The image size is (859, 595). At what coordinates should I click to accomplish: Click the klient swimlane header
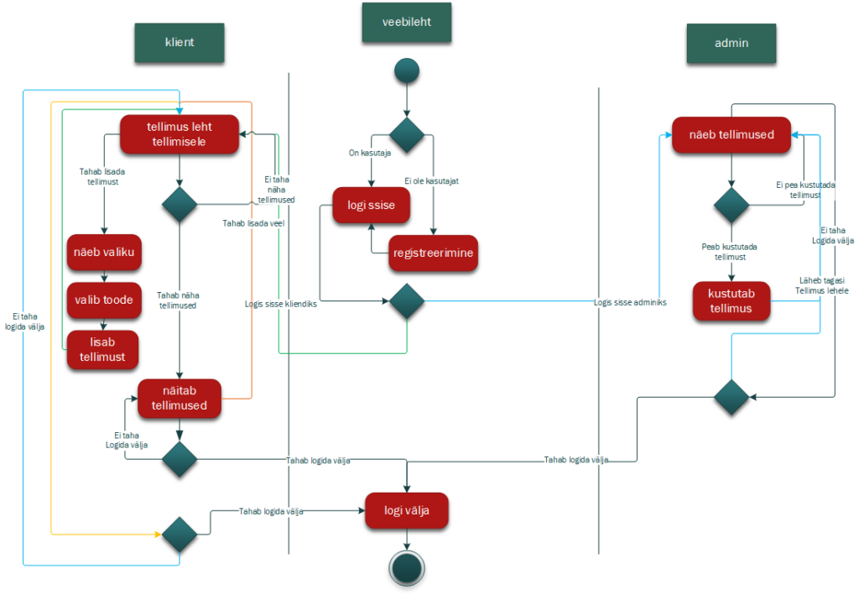point(180,42)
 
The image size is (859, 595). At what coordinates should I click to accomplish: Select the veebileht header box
point(407,22)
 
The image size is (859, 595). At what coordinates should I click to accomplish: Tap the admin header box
point(731,44)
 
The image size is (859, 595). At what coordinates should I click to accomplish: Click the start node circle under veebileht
point(407,70)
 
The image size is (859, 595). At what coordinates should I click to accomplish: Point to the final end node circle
point(407,568)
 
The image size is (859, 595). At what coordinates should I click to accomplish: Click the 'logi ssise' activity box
point(371,205)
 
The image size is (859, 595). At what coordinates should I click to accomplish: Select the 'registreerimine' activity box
point(433,253)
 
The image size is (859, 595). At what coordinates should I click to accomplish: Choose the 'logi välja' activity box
point(407,510)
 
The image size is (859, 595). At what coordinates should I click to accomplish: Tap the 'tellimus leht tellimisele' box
point(180,134)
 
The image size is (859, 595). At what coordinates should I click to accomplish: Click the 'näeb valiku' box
point(104,252)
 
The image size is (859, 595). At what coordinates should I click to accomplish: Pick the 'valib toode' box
point(104,300)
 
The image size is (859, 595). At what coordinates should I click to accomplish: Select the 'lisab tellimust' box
point(102,350)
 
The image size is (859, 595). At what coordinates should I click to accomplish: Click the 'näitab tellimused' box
point(180,399)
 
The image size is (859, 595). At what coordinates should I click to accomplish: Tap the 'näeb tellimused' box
point(731,135)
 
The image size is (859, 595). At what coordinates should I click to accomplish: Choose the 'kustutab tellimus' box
point(731,300)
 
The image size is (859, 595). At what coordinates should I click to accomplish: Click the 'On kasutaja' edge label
point(370,153)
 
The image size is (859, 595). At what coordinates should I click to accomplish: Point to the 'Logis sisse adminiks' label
point(630,302)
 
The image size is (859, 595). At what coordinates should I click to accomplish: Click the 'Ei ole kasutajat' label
point(432,180)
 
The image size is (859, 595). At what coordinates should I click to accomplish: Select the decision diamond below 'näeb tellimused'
point(731,205)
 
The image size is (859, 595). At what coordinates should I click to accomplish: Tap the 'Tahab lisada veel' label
point(253,223)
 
